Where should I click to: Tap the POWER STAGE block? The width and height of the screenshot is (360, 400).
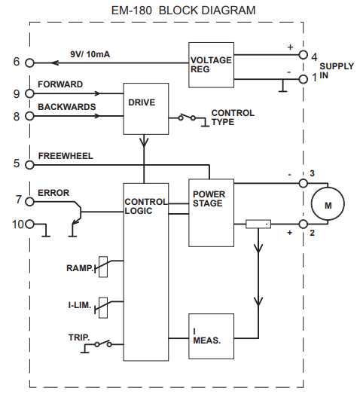(x=210, y=214)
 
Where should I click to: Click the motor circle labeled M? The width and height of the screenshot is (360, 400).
(x=327, y=203)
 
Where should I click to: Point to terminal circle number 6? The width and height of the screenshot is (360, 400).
(x=29, y=63)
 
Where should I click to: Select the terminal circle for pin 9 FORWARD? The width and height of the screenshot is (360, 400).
(x=29, y=94)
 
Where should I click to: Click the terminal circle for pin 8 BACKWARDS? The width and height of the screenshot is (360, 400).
(x=29, y=117)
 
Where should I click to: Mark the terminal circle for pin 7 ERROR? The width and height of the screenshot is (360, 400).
(x=29, y=201)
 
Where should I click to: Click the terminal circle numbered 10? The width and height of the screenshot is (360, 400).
(x=29, y=224)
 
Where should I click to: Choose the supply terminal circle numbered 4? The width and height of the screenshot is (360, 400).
(x=303, y=55)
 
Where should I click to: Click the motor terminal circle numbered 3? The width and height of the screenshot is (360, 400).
(x=303, y=182)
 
